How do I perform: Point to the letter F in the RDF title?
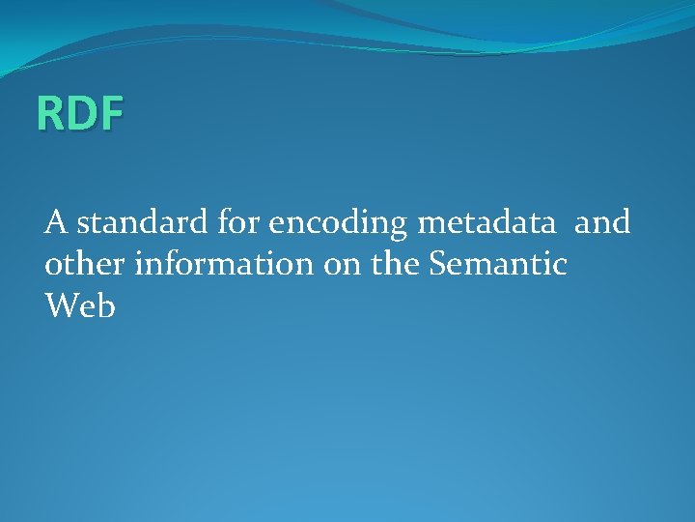110,114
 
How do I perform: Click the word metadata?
486,223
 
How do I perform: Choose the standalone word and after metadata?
602,223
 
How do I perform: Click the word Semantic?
499,265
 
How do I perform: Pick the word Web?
80,306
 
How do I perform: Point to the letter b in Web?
106,305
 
